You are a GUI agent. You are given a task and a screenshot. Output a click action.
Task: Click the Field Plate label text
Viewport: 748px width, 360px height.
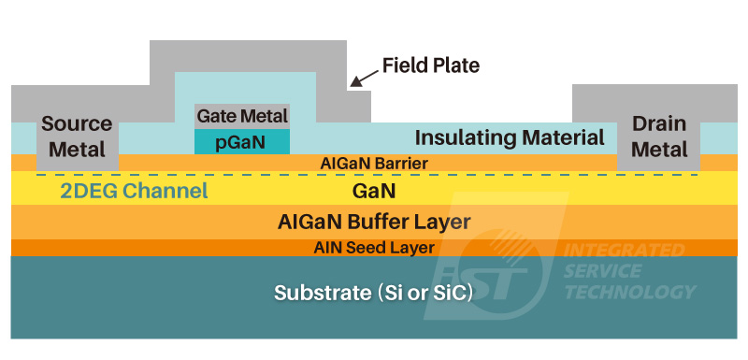(x=430, y=65)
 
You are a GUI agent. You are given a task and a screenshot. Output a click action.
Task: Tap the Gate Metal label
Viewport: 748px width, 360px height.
(x=242, y=116)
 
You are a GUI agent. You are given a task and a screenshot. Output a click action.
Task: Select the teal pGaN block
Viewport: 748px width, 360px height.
(x=242, y=141)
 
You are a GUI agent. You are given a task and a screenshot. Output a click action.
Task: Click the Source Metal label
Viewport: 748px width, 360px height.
(x=77, y=137)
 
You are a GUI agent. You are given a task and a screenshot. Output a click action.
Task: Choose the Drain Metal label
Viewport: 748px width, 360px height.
(x=659, y=137)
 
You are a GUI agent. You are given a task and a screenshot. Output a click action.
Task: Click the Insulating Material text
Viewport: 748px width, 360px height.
(x=510, y=138)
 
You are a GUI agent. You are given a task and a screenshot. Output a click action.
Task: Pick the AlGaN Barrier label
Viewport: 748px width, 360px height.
(x=374, y=164)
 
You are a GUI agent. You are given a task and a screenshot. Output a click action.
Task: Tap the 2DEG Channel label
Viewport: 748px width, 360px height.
(x=134, y=193)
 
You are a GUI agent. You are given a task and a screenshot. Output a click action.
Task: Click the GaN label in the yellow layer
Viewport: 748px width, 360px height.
(x=374, y=192)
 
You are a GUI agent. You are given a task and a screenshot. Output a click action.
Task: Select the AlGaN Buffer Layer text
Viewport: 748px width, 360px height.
(x=374, y=223)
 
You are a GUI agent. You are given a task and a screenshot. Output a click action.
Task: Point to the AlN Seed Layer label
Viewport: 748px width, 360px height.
(x=374, y=248)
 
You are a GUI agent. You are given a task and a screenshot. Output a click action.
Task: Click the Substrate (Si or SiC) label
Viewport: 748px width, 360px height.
(x=373, y=293)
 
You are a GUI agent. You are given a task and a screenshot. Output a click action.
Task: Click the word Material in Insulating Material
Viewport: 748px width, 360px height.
(x=562, y=138)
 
